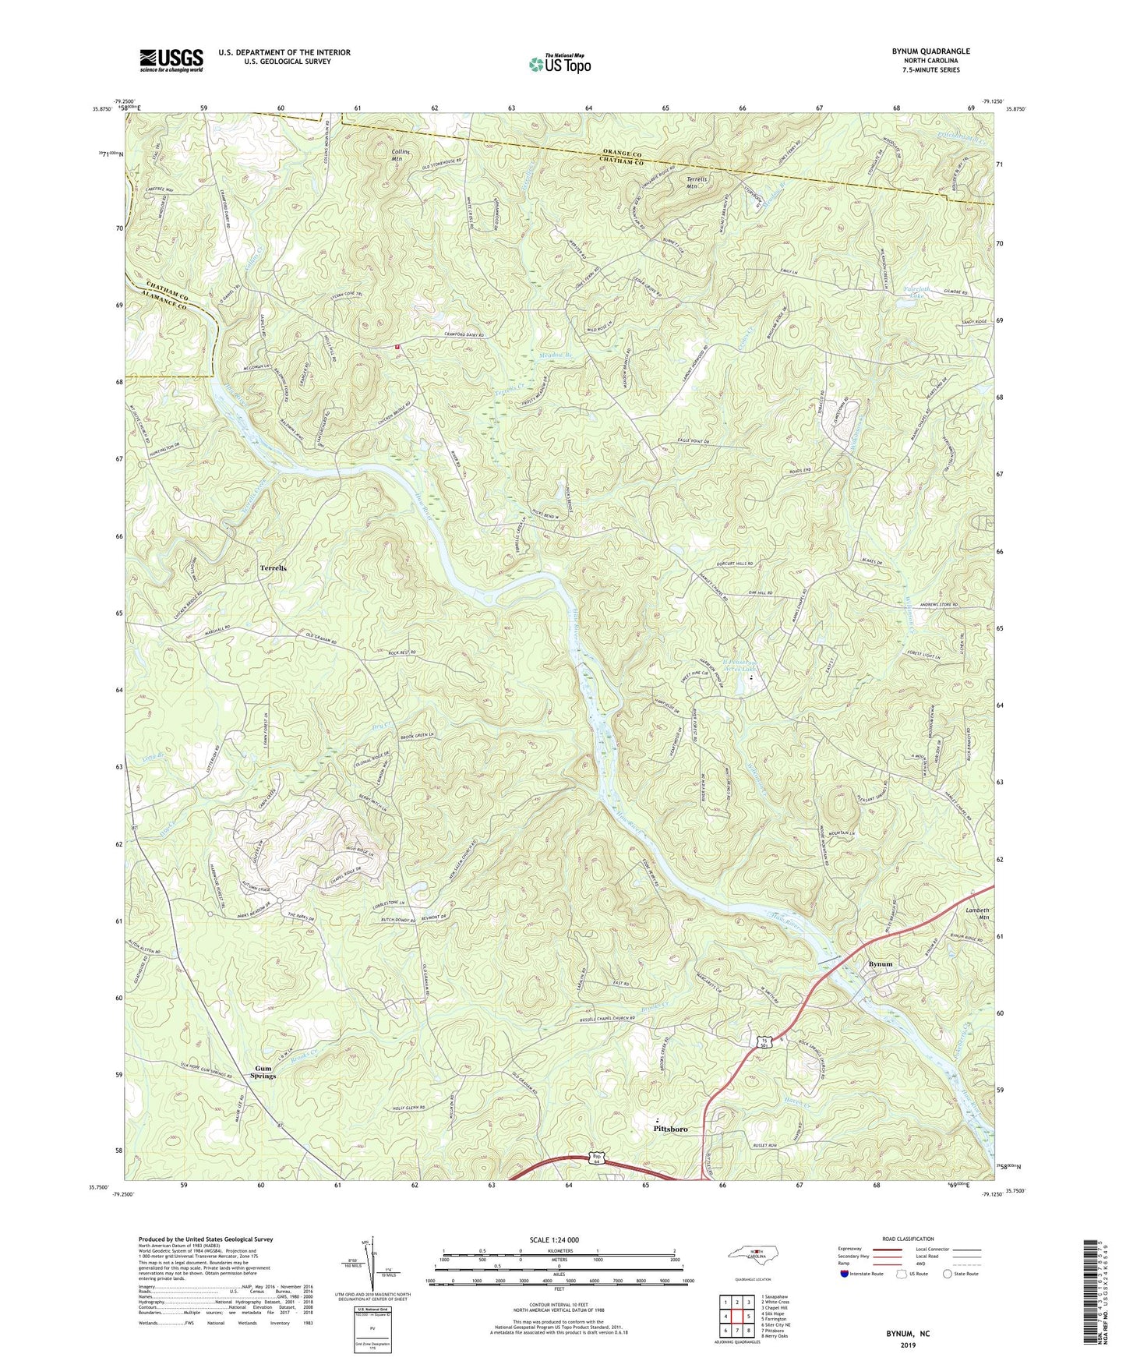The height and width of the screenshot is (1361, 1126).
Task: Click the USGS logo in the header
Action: [171, 60]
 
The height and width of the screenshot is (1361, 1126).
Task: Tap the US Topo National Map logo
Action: [559, 64]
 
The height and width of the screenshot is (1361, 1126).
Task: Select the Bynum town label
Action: [881, 964]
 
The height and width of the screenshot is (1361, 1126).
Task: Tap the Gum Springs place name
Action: [263, 1072]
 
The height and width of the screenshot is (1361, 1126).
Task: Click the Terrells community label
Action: [273, 568]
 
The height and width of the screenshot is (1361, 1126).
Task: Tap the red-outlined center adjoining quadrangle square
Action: [736, 1317]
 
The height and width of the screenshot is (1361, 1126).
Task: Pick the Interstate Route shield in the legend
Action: [845, 1274]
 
